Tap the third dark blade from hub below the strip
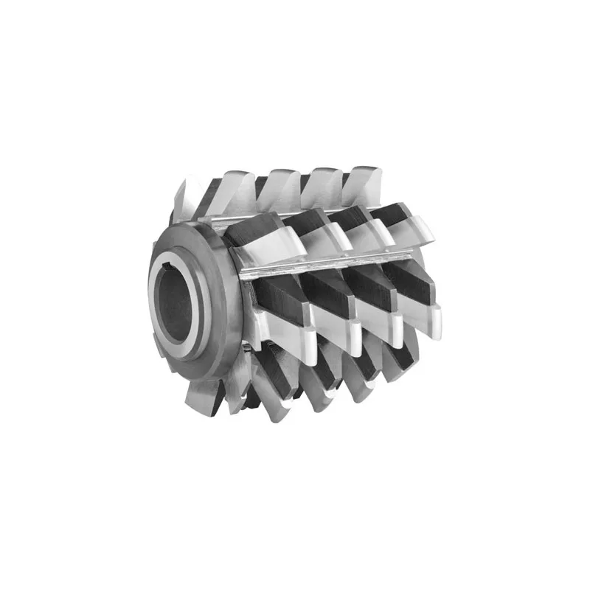(369, 284)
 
